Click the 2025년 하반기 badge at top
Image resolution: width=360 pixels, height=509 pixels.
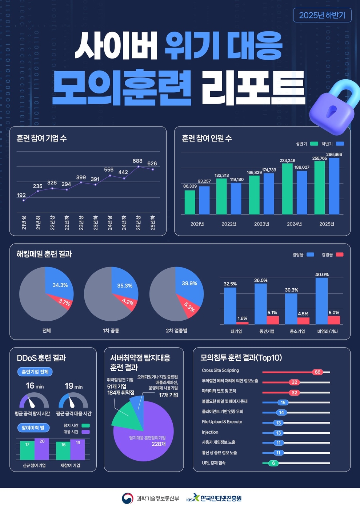click(322, 15)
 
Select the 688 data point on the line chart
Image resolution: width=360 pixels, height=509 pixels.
click(138, 167)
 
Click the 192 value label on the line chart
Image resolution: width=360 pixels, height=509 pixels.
click(21, 195)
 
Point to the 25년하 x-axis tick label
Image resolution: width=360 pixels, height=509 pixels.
click(153, 223)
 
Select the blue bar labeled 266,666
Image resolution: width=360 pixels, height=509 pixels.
click(334, 186)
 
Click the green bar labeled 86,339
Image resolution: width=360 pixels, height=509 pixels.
click(190, 202)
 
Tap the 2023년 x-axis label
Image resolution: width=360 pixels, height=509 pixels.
click(261, 224)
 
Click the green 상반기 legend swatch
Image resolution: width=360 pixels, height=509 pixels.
click(314, 144)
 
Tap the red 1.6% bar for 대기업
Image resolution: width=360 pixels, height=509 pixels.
click(243, 323)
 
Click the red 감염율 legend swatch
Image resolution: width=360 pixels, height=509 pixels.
click(340, 254)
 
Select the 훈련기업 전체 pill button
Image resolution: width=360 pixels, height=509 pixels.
click(35, 372)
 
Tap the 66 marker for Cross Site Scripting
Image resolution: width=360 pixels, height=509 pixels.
click(317, 372)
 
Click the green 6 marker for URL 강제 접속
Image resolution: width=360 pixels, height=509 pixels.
click(273, 463)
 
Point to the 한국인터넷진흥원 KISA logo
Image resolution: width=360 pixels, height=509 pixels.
click(214, 498)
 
